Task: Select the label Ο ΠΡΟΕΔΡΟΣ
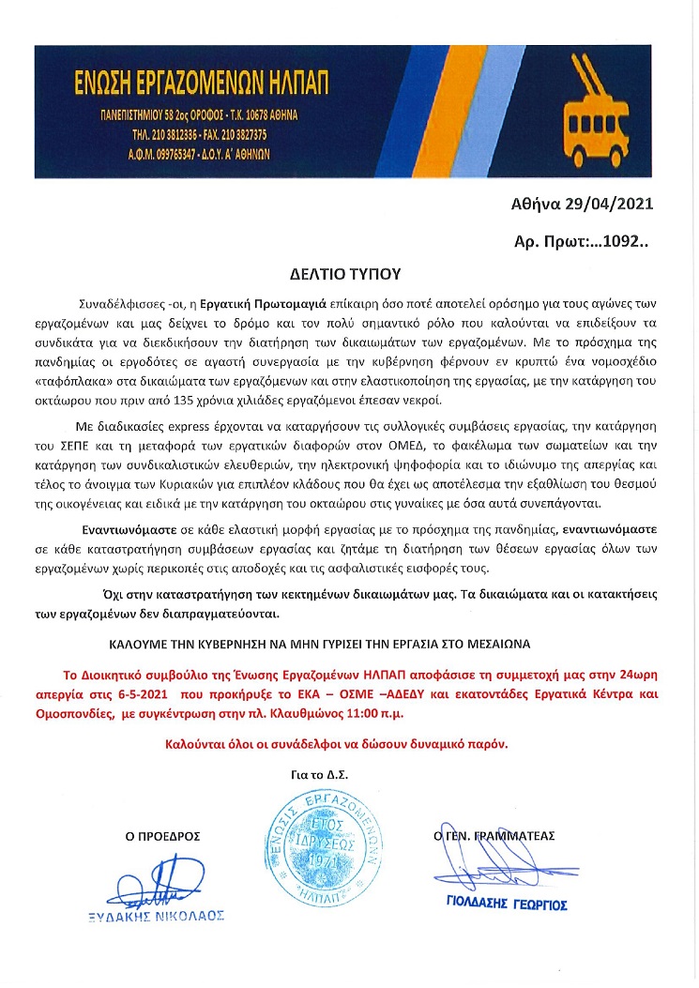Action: pyautogui.click(x=162, y=836)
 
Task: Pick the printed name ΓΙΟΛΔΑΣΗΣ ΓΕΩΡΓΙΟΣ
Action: pyautogui.click(x=507, y=905)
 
